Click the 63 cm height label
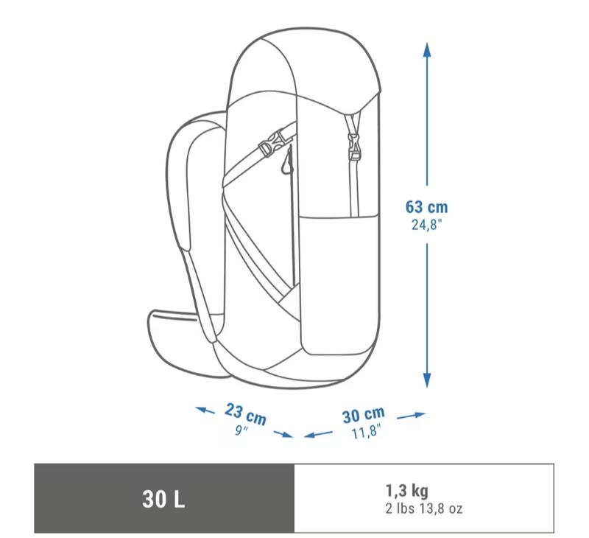(426, 207)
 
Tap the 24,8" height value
(426, 225)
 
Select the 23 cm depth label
(246, 413)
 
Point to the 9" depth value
(241, 430)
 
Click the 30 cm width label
(364, 415)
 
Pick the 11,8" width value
(366, 431)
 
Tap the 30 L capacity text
(163, 500)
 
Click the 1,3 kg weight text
(407, 491)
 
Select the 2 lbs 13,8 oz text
(424, 509)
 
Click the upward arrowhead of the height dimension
(427, 49)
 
